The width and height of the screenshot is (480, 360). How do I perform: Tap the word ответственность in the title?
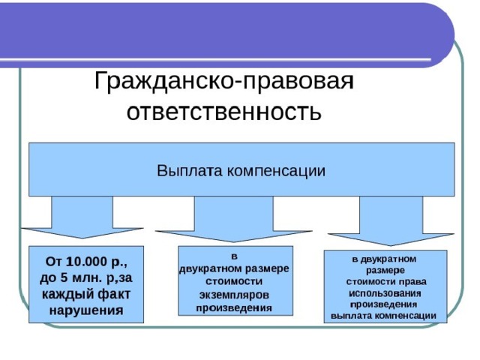(x=224, y=111)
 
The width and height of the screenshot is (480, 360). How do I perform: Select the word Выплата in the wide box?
(x=189, y=170)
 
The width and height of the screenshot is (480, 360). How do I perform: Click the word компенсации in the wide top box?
(x=276, y=171)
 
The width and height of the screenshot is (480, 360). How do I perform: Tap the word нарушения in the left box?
(x=86, y=310)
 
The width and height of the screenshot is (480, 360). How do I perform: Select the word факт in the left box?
(x=114, y=294)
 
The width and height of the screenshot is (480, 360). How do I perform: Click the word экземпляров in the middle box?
(x=235, y=295)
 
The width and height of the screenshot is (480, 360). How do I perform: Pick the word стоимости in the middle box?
(x=234, y=281)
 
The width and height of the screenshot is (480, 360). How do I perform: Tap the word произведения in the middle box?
(x=234, y=307)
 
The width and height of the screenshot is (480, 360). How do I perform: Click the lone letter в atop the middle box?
(x=235, y=256)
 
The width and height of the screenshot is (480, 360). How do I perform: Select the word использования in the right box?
(x=385, y=293)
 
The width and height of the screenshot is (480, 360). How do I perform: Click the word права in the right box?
(x=415, y=282)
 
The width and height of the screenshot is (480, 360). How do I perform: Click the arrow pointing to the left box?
(x=82, y=217)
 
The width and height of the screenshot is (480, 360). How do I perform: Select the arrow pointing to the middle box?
(x=234, y=219)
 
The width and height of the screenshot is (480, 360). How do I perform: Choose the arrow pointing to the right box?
(x=391, y=220)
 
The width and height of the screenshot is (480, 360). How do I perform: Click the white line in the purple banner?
(x=215, y=59)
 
